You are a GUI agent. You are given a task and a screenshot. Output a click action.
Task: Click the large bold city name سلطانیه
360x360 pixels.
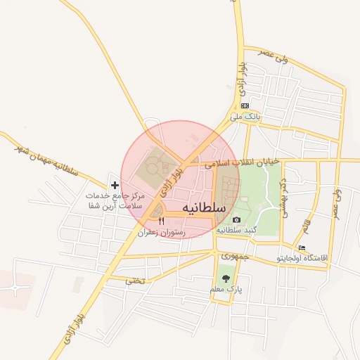(203, 208)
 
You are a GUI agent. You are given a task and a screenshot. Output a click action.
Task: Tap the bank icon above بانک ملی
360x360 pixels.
(245, 105)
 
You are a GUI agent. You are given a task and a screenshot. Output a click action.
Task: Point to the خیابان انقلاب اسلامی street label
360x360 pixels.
(243, 162)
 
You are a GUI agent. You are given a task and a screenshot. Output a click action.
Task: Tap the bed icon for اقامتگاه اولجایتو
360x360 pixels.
(302, 248)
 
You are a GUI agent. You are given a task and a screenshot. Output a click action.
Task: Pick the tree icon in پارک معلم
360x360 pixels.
(225, 278)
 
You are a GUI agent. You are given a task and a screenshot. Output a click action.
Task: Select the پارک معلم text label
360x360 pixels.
(225, 289)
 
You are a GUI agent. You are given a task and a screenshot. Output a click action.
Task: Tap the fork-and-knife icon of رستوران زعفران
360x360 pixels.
(161, 221)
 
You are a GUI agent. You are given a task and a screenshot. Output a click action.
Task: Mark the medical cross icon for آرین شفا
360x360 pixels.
(115, 185)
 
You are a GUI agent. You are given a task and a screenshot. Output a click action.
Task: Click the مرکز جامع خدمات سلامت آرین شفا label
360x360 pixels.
(114, 200)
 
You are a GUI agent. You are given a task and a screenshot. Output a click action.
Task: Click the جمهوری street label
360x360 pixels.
(235, 257)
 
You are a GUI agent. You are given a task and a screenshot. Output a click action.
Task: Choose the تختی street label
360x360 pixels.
(134, 281)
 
